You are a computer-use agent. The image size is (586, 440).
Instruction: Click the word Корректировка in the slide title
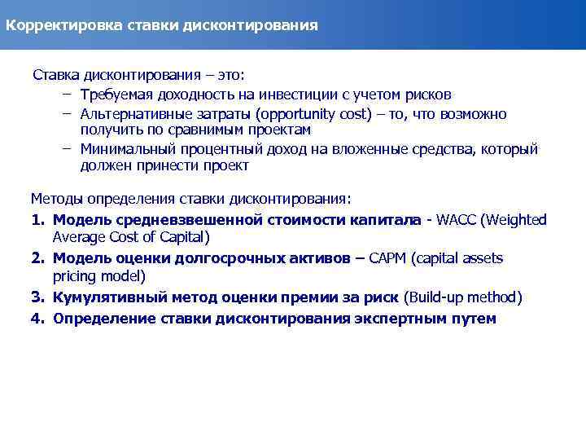click(x=57, y=24)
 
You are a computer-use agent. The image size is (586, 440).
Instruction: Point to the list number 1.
click(x=36, y=220)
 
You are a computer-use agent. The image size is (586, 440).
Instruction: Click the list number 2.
click(x=37, y=258)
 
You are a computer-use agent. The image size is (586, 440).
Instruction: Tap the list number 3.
click(x=37, y=297)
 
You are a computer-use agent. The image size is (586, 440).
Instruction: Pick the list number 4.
click(x=37, y=318)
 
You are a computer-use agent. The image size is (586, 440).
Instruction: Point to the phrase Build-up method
click(x=463, y=297)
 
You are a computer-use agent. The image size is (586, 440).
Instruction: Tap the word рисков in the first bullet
click(x=430, y=95)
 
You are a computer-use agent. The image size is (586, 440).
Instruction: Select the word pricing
click(x=77, y=276)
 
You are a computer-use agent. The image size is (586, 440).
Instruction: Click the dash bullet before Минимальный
click(x=63, y=149)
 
